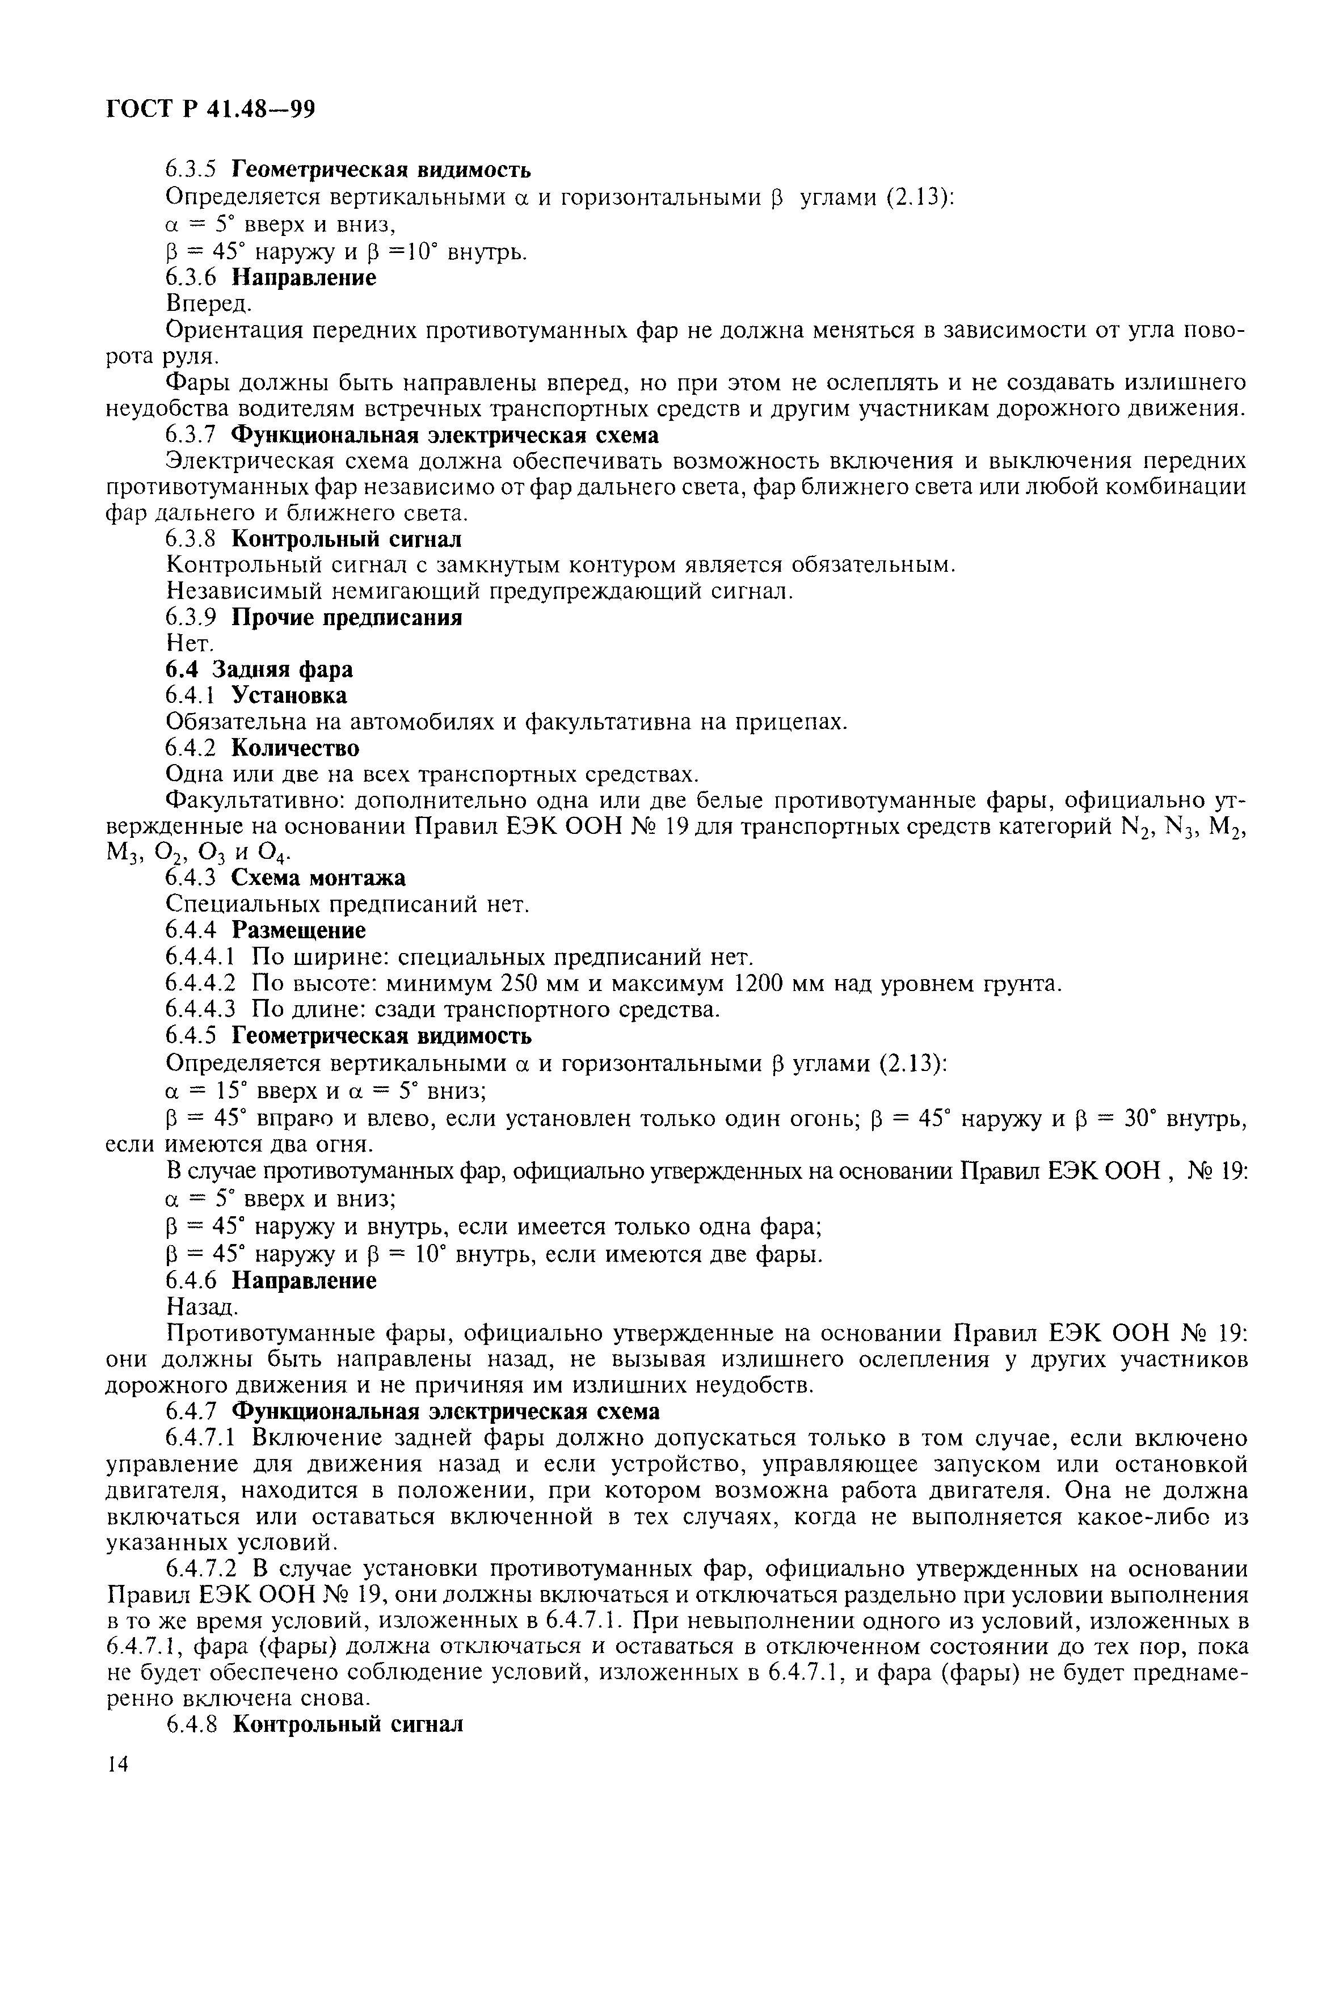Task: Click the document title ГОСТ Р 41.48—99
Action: coord(210,109)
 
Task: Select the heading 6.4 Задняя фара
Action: coord(258,669)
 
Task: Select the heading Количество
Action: coord(296,748)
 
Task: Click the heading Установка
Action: coord(289,694)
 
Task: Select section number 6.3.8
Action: coord(195,539)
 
